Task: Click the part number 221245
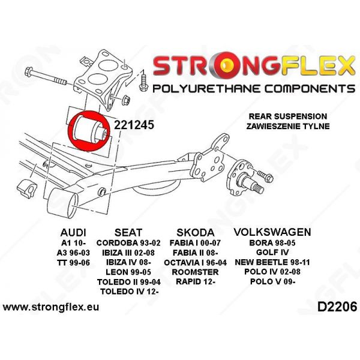[134, 125]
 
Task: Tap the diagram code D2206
[337, 307]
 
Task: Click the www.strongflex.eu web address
[51, 307]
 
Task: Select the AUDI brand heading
[73, 232]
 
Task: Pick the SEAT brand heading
[128, 232]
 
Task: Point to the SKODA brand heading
[196, 232]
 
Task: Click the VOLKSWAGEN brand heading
[272, 232]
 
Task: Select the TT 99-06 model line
[73, 262]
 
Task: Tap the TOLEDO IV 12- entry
[129, 292]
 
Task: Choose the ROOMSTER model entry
[195, 272]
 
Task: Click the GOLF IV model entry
[272, 253]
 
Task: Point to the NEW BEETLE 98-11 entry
[272, 262]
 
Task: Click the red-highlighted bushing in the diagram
[89, 131]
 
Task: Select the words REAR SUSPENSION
[288, 116]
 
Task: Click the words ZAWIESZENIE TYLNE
[288, 126]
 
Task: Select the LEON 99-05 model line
[128, 272]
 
